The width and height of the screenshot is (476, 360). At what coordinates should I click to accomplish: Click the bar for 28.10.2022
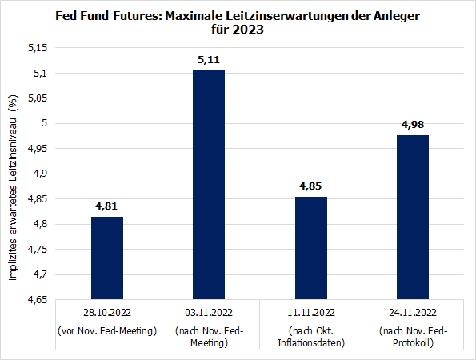click(x=106, y=258)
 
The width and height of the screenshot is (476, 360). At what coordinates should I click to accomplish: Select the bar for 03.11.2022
click(x=208, y=185)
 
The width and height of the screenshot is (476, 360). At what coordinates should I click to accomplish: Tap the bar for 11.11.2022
click(x=310, y=248)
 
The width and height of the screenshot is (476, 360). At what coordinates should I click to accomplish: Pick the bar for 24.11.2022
click(x=412, y=217)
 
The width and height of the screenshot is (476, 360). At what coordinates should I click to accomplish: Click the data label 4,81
click(x=106, y=206)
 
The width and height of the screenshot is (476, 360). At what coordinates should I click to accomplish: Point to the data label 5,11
click(x=208, y=58)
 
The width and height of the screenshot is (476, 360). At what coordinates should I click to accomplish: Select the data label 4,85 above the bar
click(x=310, y=186)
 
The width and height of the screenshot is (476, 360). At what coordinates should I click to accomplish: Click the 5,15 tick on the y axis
click(x=37, y=48)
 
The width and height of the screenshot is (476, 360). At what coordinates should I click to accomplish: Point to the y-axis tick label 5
click(x=44, y=123)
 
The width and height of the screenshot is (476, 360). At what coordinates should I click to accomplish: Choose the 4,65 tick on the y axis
click(x=37, y=299)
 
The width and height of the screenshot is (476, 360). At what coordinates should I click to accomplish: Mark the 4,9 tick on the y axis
click(x=39, y=174)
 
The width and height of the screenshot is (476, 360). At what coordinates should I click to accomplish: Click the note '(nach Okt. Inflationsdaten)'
click(x=310, y=337)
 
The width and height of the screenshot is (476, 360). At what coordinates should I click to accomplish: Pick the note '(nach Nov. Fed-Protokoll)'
click(x=412, y=337)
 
